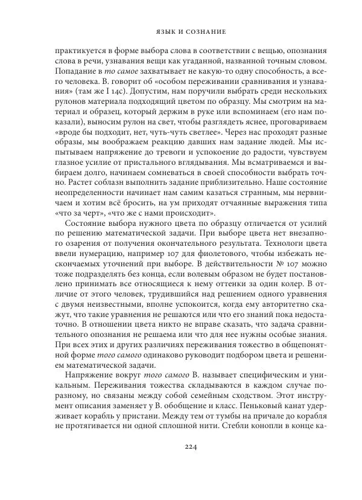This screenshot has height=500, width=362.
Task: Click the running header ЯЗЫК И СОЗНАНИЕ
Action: coord(181,28)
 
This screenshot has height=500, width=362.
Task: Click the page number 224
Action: coord(181,464)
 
